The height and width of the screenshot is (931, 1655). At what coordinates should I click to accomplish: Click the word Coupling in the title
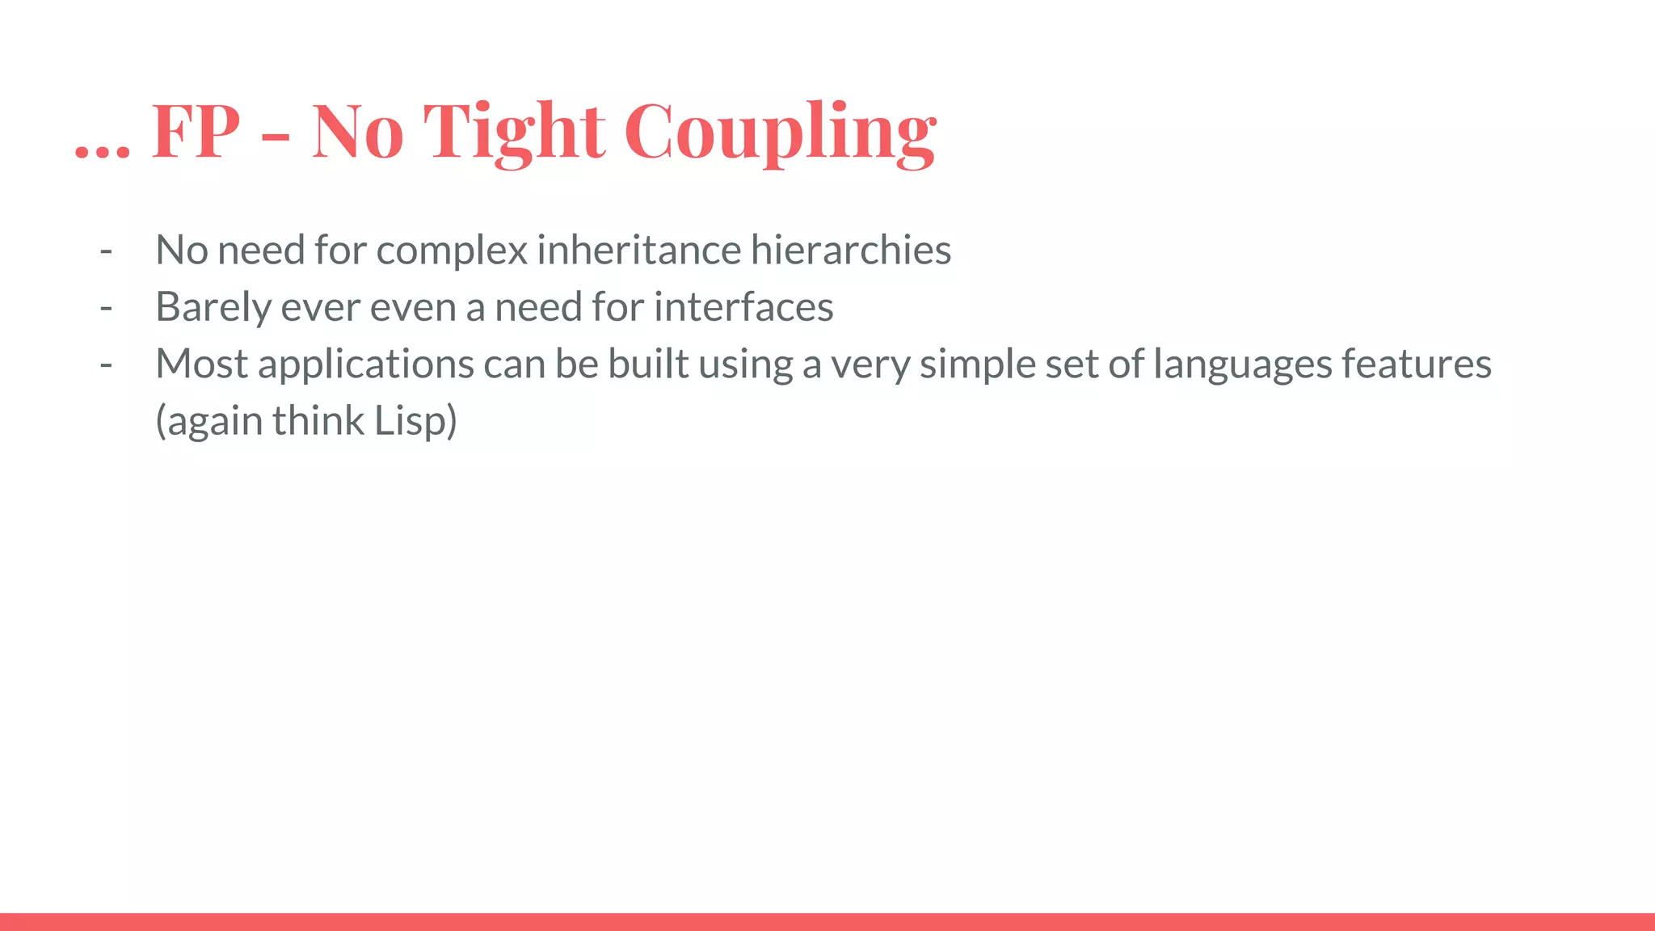click(x=780, y=132)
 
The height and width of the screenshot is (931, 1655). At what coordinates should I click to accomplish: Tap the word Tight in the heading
click(x=514, y=132)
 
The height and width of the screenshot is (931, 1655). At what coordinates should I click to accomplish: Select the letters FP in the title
click(x=196, y=132)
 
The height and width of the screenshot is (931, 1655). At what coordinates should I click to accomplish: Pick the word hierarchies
click(x=851, y=250)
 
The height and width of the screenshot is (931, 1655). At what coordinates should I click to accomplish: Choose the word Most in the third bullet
click(x=201, y=364)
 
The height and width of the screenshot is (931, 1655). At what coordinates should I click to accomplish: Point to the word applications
click(x=366, y=365)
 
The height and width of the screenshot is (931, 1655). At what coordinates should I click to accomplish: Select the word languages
click(x=1242, y=365)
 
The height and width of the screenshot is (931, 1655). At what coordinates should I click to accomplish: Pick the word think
click(x=318, y=421)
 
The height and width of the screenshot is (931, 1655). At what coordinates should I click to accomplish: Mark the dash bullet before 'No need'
click(x=106, y=251)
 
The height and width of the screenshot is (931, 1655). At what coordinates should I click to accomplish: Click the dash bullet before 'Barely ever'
click(x=106, y=308)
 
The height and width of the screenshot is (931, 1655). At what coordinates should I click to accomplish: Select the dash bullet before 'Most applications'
click(x=106, y=365)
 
